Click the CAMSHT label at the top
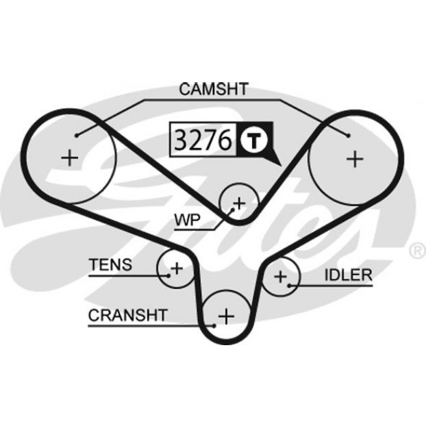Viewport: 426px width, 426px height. pos(214,89)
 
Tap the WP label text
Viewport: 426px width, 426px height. pos(188,220)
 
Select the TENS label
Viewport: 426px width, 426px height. pos(110,264)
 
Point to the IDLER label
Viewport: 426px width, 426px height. pos(349,275)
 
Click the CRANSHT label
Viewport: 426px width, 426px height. pos(127,315)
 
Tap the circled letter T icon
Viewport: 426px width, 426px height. pos(254,140)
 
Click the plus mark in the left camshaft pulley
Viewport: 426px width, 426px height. pos(70,158)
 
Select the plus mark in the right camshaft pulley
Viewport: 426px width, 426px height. pos(355,159)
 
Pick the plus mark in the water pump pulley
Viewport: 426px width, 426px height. pos(239,203)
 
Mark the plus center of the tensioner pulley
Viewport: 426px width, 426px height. pos(177,268)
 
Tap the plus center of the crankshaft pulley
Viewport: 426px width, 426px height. pos(226,316)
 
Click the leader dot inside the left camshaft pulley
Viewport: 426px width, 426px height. pos(77,136)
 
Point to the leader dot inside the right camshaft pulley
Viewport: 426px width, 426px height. pos(349,135)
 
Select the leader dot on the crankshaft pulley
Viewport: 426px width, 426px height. pos(214,325)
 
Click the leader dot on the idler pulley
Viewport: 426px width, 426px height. pos(290,286)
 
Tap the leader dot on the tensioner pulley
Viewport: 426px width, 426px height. pos(168,276)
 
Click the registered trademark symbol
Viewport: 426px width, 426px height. pos(418,251)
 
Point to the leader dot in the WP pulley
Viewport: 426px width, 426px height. pos(233,210)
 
